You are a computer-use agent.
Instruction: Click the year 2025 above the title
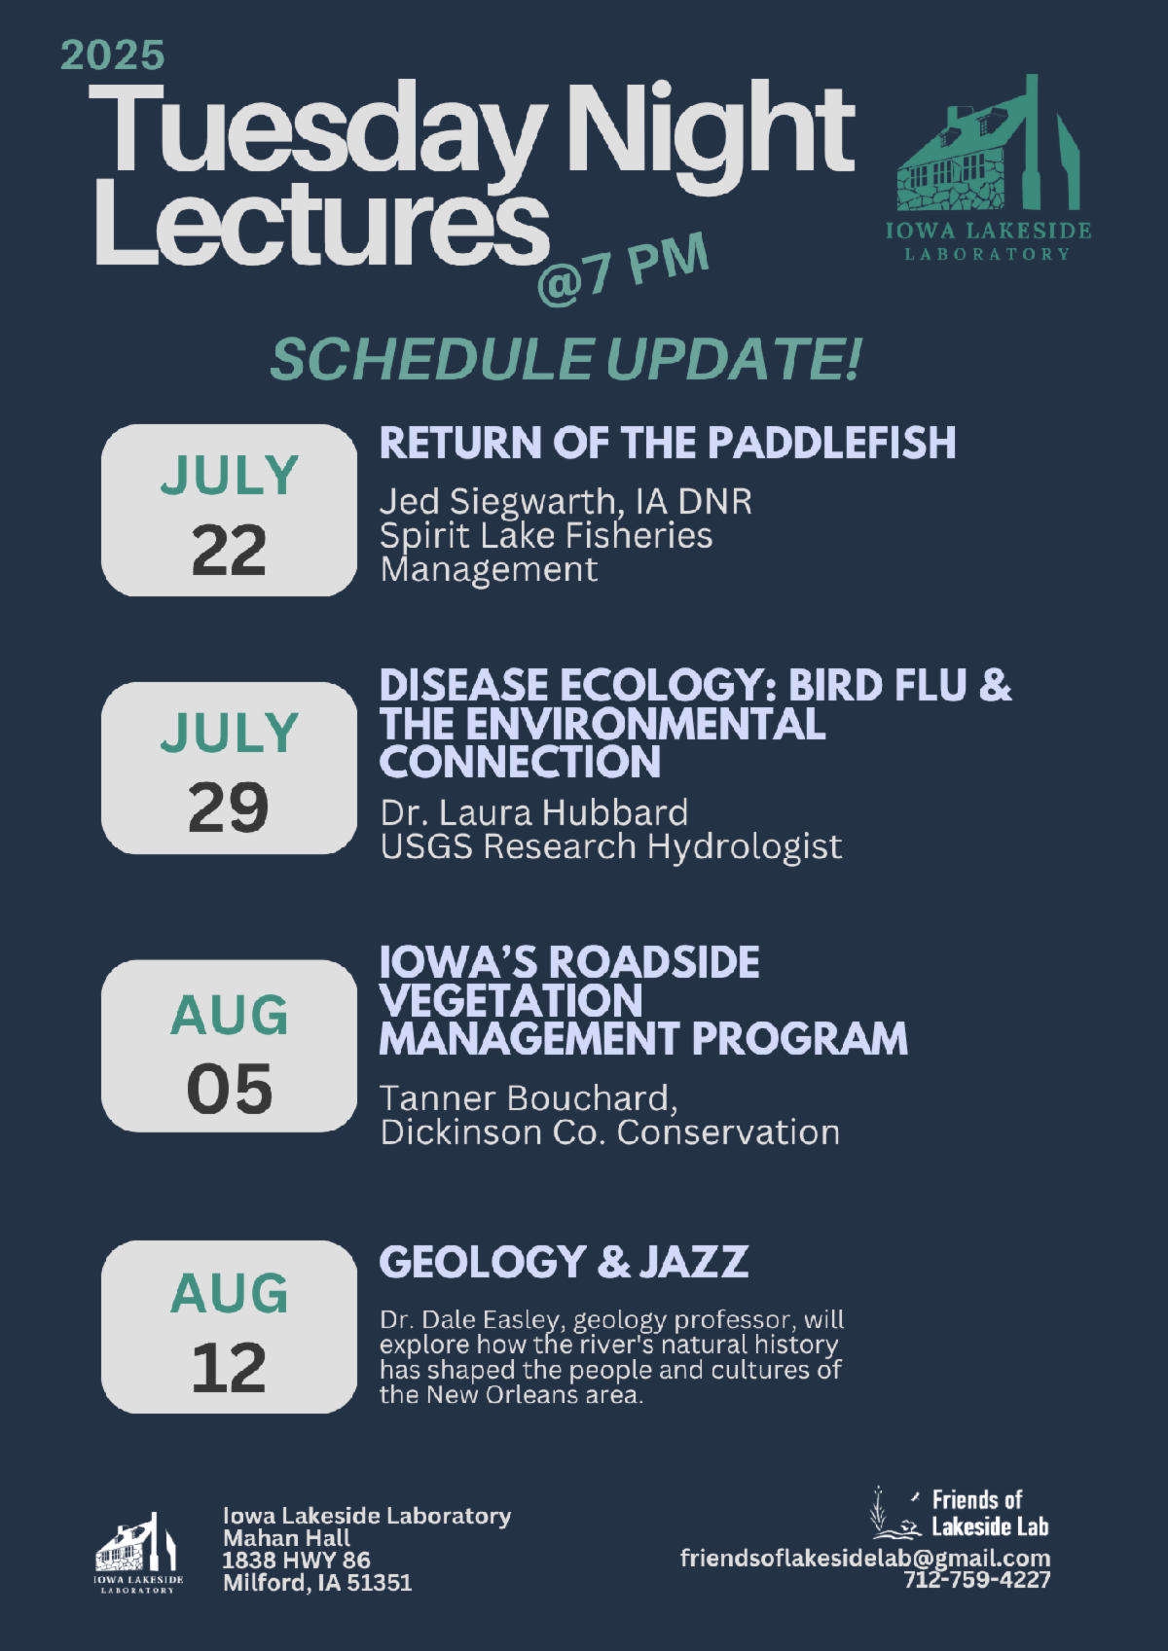pos(113,56)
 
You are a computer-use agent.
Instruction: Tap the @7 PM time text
pos(623,269)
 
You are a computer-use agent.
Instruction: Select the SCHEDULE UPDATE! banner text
pos(566,360)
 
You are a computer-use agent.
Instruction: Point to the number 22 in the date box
pos(229,552)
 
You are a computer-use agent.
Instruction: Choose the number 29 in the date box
pos(229,808)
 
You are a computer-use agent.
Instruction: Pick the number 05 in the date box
pos(230,1090)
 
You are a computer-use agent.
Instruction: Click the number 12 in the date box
pos(229,1369)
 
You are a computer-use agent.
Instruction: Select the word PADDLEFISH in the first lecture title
pos(831,444)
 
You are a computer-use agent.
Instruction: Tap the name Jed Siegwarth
pos(498,503)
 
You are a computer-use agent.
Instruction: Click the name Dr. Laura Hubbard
pos(534,813)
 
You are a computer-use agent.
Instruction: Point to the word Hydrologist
pos(744,847)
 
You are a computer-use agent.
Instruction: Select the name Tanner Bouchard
pos(529,1098)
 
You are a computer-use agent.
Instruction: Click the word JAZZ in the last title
pos(694,1262)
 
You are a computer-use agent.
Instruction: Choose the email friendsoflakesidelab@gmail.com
pos(865,1559)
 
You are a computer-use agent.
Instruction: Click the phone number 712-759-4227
pos(977,1580)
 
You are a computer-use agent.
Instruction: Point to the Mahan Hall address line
pos(287,1538)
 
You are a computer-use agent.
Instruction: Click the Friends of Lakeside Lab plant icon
pos(895,1513)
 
